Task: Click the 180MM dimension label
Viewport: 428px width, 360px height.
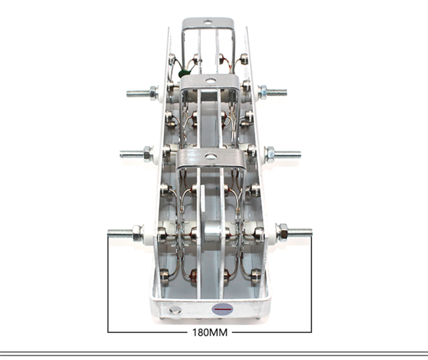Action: [x=210, y=332]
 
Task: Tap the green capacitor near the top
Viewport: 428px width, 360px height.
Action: [x=182, y=73]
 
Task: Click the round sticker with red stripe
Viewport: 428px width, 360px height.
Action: [x=223, y=309]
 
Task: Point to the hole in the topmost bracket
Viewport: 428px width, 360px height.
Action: [x=208, y=22]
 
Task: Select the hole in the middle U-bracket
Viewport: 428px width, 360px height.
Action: [x=210, y=80]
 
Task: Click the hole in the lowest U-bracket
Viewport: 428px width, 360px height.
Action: [x=211, y=156]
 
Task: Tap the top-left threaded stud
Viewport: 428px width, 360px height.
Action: [x=138, y=94]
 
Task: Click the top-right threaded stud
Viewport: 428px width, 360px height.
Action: [x=277, y=92]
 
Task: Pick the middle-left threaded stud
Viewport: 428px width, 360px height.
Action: [x=132, y=154]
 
